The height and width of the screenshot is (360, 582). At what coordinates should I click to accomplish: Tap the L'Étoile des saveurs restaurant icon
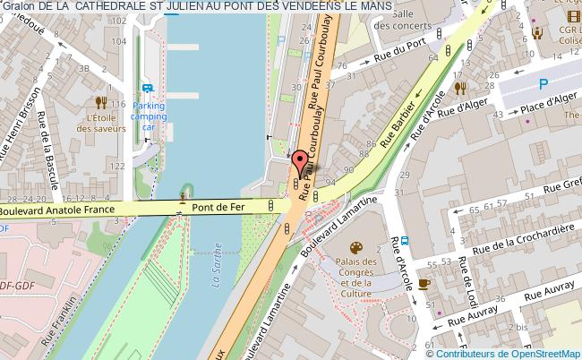101,101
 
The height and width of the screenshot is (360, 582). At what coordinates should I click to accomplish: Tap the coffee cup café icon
424,283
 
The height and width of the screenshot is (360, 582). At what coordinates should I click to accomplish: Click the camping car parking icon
149,88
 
